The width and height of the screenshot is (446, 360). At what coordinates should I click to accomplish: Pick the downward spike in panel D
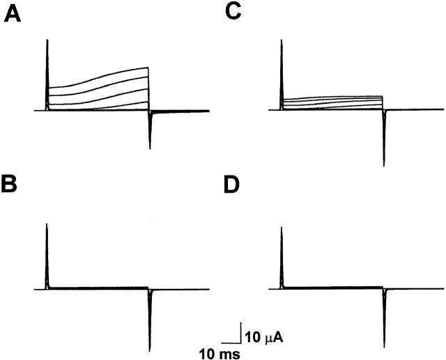384,313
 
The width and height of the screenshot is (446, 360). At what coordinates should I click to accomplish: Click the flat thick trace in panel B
98,288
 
